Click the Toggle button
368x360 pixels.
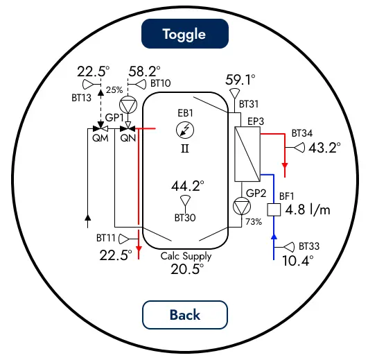coord(185,34)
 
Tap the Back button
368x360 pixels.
coord(185,315)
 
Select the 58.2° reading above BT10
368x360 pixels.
coord(145,71)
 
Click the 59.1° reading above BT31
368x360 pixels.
coord(240,80)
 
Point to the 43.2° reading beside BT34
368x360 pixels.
coord(324,148)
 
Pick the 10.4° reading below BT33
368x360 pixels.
coord(298,260)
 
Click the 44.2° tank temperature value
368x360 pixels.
coord(188,186)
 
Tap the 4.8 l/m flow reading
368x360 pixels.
coord(308,209)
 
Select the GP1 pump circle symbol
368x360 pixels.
coord(128,105)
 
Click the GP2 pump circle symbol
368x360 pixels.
coord(242,207)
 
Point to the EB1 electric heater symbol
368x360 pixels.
coord(185,130)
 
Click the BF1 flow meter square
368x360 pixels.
coord(274,209)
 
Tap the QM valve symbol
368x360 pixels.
coord(100,128)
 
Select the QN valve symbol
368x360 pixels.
coord(128,128)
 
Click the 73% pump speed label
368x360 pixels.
coord(254,222)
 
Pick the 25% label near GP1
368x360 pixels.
coord(114,90)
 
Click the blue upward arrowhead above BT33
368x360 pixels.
coord(274,237)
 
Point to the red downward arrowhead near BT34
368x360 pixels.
coord(285,166)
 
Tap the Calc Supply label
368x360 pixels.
coord(186,256)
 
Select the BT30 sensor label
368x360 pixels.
coord(185,218)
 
